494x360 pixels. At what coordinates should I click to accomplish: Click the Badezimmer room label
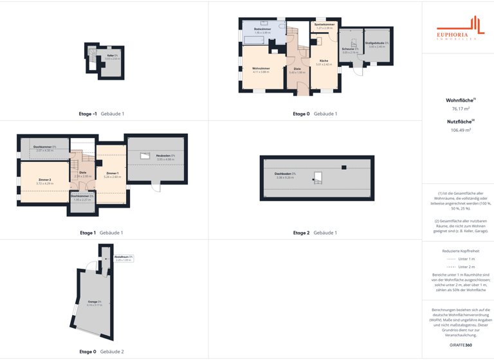point(262,30)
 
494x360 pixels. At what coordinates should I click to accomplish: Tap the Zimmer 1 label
point(112,174)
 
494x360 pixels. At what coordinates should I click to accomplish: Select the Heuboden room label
point(165,157)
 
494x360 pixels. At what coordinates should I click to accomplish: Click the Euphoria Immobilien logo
point(459,30)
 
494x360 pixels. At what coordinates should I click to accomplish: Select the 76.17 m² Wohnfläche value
point(461,109)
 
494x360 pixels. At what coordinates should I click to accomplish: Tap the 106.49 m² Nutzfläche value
point(461,130)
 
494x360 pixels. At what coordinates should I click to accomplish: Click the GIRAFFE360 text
point(461,345)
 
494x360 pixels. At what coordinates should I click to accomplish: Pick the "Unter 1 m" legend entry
point(461,258)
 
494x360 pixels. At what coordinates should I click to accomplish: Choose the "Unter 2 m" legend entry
point(461,267)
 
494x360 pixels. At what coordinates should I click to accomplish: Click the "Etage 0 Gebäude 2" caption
point(102,352)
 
